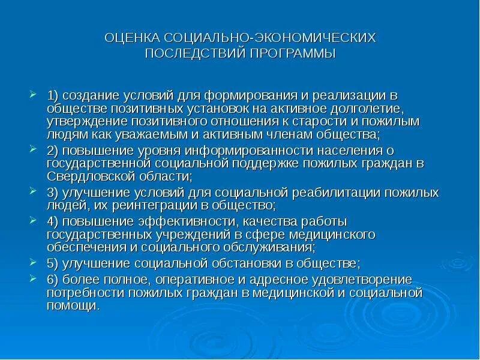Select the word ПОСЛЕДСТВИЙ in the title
[x=193, y=53]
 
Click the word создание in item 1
[x=86, y=96]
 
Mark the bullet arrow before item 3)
[x=33, y=191]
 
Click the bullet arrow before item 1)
[x=33, y=95]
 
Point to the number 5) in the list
[x=53, y=263]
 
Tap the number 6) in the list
[x=53, y=280]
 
